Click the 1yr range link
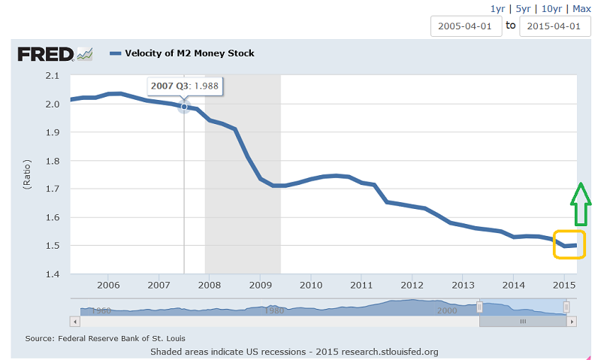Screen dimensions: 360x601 (497, 8)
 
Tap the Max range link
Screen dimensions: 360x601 (581, 8)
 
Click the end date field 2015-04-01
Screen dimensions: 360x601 (554, 26)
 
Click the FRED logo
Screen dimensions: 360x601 (55, 53)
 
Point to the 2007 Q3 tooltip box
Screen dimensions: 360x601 (184, 86)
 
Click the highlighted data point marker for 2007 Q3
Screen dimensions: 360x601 (184, 107)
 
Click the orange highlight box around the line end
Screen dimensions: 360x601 (569, 244)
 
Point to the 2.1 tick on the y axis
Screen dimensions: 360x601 (52, 75)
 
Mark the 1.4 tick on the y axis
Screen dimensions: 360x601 (52, 274)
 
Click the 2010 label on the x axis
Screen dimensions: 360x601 (310, 286)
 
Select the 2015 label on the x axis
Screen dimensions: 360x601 (563, 286)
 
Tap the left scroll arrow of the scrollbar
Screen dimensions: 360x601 (74, 321)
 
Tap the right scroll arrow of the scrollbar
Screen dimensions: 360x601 (571, 321)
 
